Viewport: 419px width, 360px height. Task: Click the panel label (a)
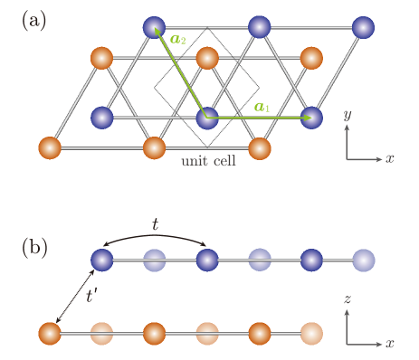pos(33,20)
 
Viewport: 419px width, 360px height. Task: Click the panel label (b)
pos(33,246)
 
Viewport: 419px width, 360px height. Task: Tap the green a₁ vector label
pos(262,106)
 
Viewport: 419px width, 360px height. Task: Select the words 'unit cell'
pos(207,160)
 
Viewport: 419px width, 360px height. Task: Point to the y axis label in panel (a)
pos(347,116)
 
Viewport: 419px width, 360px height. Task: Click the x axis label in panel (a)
pos(390,158)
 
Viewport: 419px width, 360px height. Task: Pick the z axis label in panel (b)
pos(347,298)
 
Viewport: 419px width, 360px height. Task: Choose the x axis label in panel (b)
pos(390,344)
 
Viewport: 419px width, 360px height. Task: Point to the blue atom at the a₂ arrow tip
pos(155,27)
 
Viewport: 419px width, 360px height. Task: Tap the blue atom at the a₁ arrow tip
pos(311,118)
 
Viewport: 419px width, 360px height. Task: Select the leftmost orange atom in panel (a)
pos(50,147)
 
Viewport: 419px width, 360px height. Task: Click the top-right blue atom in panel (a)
pos(364,27)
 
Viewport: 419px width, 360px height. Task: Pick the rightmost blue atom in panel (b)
pos(364,261)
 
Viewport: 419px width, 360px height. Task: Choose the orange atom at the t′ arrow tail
pos(50,334)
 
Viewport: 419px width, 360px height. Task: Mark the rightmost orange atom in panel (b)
pos(311,334)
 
